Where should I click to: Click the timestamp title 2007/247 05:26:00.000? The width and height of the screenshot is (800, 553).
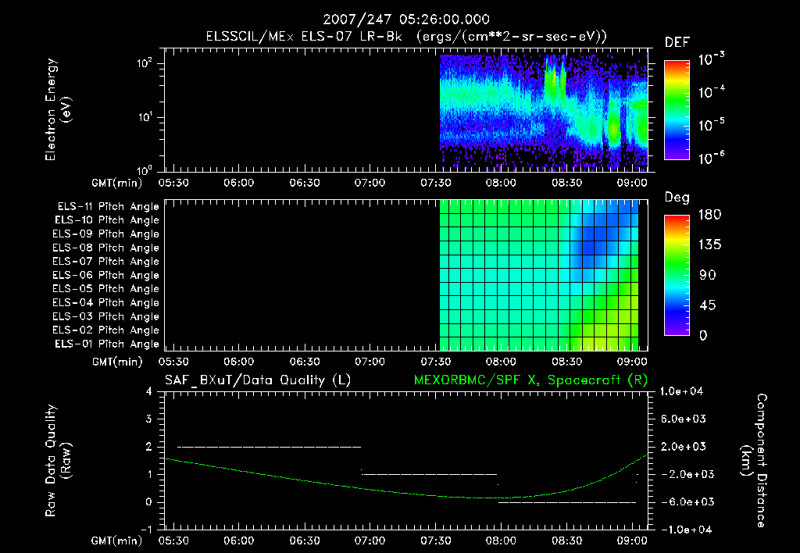[400, 20]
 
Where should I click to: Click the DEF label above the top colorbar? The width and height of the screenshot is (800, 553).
[677, 42]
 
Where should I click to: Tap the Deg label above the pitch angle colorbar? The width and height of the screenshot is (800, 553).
[677, 198]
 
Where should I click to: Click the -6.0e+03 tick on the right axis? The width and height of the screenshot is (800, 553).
[687, 501]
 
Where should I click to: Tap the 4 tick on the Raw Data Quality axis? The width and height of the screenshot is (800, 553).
[148, 391]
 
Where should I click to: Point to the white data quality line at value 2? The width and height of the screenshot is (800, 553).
[270, 447]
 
